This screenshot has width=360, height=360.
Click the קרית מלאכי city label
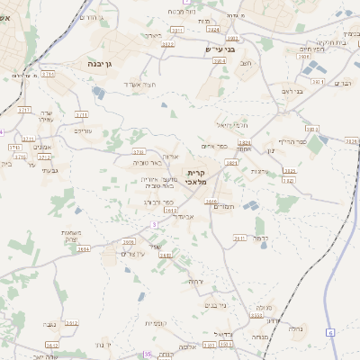click(x=197, y=176)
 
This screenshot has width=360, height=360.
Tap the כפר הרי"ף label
click(x=292, y=140)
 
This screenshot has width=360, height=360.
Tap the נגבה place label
click(x=49, y=323)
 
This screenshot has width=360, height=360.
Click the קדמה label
click(x=261, y=238)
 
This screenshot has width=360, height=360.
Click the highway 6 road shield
click(x=329, y=334)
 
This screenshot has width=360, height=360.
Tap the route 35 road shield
click(x=147, y=355)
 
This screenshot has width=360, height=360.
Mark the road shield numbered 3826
click(x=351, y=141)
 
